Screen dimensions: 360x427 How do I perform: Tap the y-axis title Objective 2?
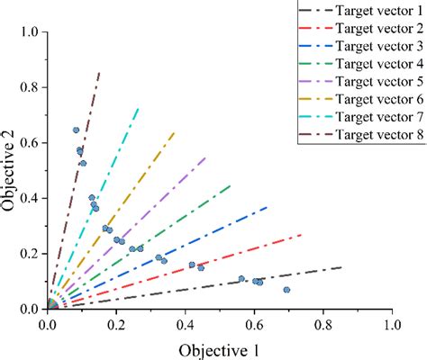click(11, 170)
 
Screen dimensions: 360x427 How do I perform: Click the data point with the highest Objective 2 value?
click(77, 130)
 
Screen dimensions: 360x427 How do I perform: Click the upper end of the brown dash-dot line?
click(99, 72)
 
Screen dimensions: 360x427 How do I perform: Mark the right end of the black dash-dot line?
click(341, 267)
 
